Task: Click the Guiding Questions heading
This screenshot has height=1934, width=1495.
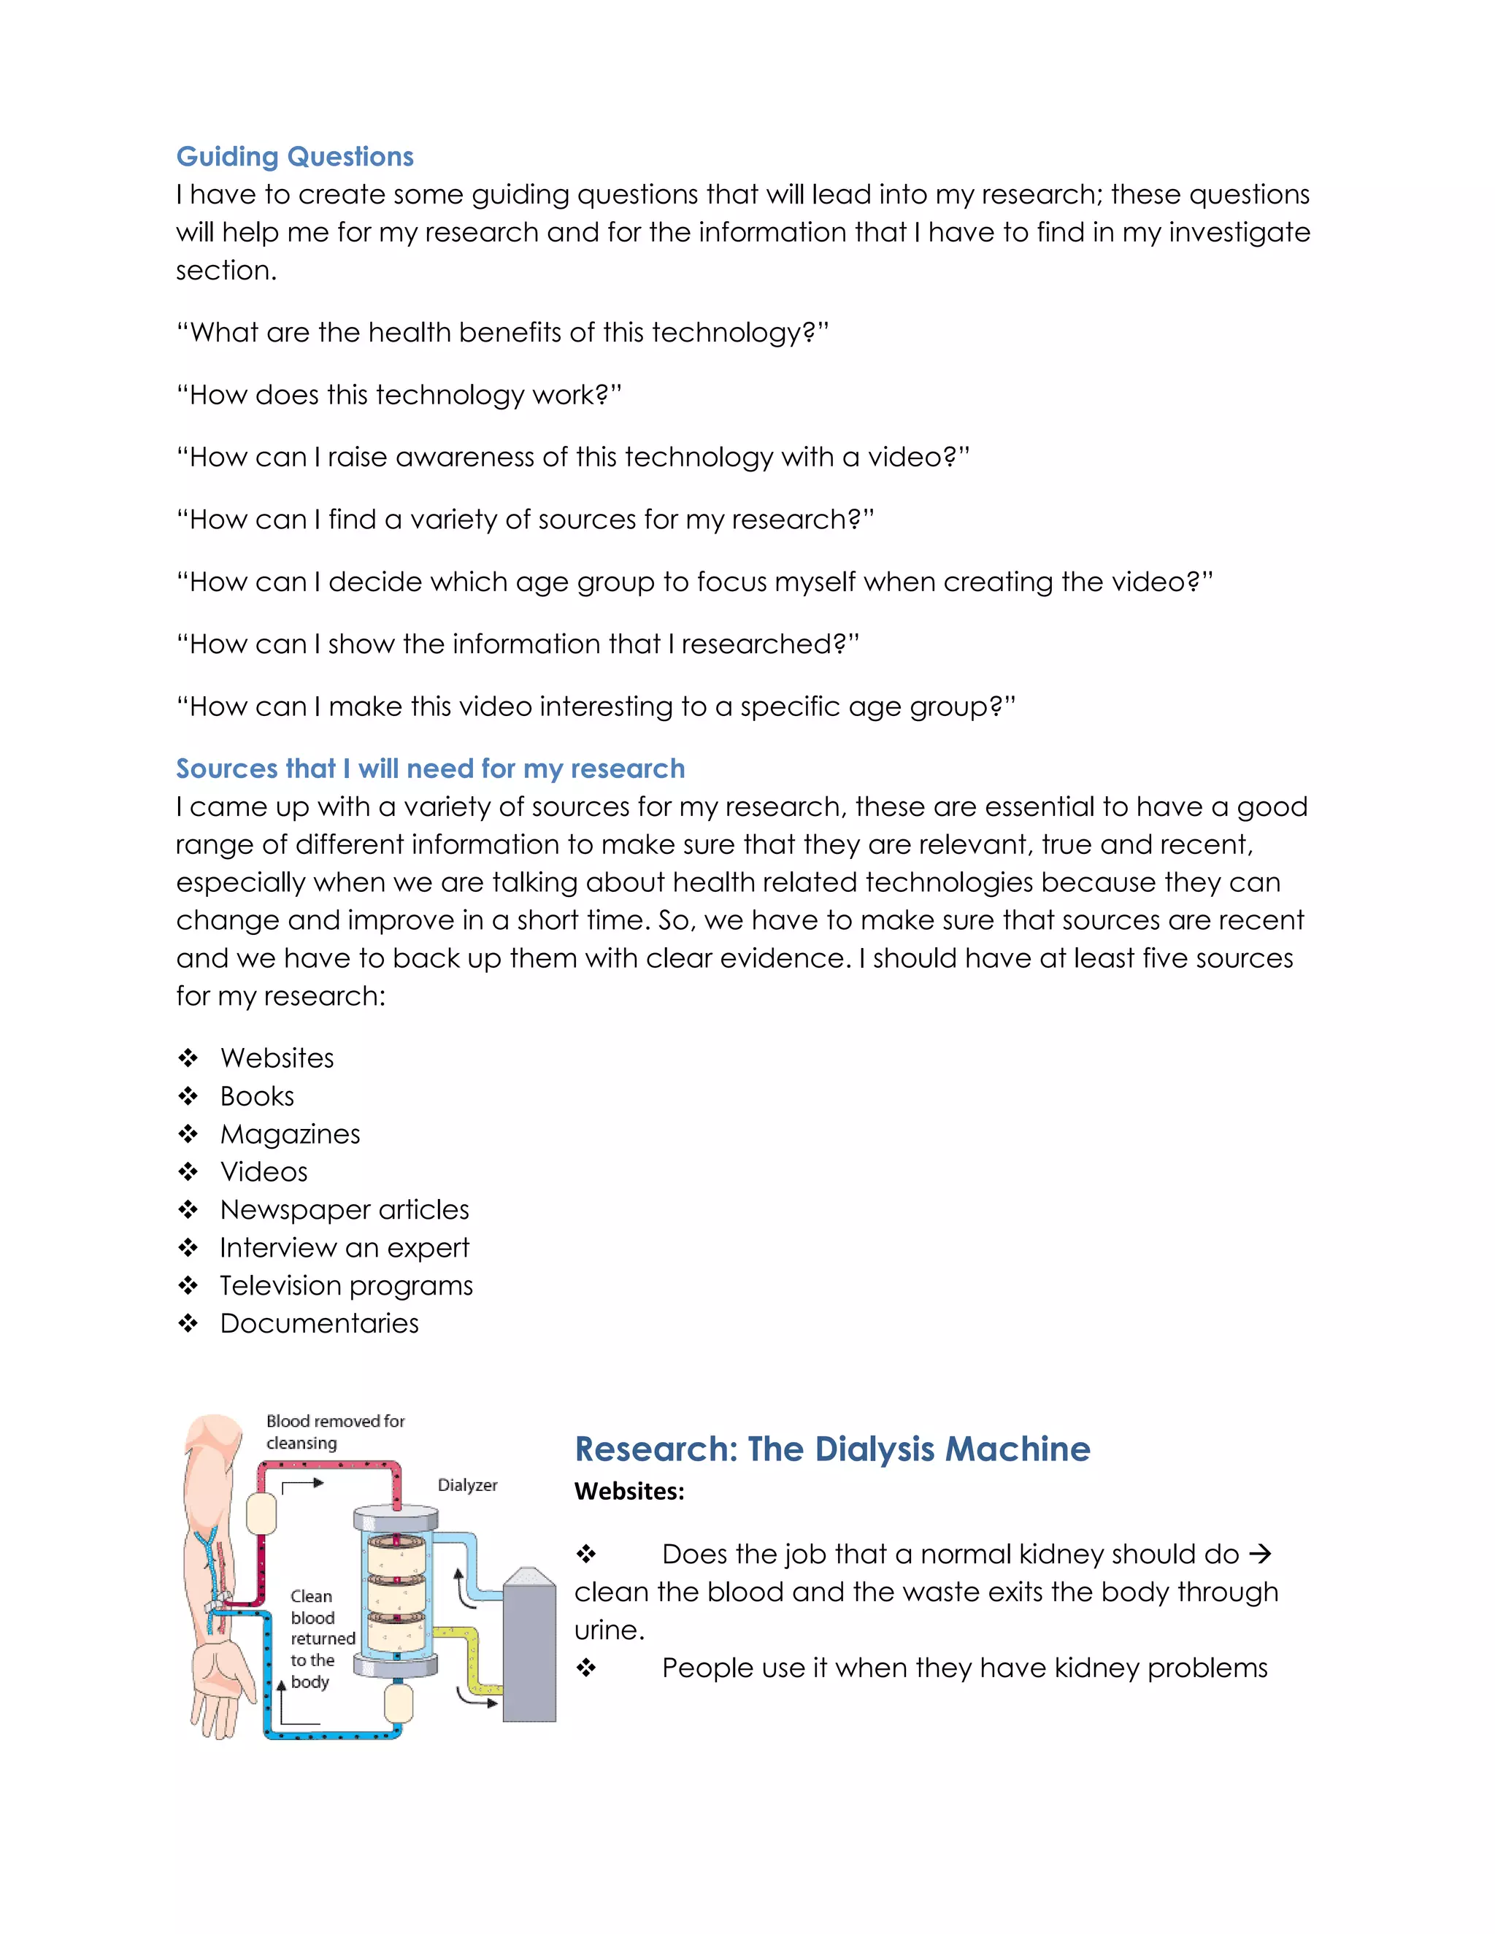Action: (x=294, y=157)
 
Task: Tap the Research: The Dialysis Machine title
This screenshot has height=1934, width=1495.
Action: (x=831, y=1449)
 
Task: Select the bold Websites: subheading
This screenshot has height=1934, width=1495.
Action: (x=629, y=1492)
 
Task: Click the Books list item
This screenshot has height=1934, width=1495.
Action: (x=257, y=1096)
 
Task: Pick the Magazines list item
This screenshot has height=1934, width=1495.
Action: (x=290, y=1134)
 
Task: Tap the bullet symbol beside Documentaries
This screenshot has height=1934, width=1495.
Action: (x=188, y=1324)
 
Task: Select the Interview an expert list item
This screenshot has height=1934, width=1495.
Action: (x=345, y=1248)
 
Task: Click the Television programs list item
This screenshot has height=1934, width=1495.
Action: (x=346, y=1286)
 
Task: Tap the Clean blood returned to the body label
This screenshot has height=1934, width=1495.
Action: (x=320, y=1638)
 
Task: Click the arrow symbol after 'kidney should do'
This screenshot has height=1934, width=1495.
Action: (x=1259, y=1554)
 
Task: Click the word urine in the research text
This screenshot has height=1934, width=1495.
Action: (x=606, y=1630)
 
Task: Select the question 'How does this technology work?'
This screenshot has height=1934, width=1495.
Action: (x=399, y=395)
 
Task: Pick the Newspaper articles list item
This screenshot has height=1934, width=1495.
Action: (x=345, y=1209)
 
